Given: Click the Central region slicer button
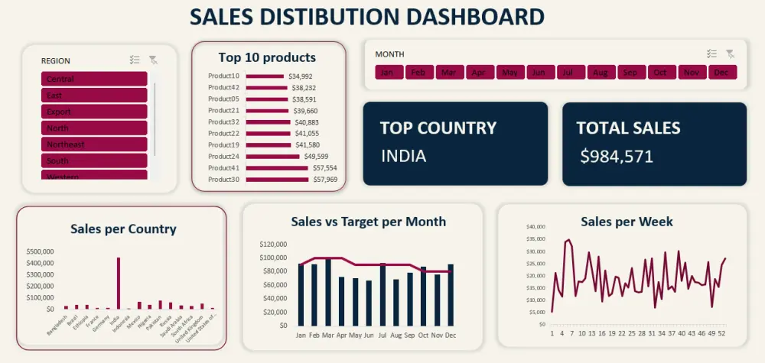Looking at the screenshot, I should pos(93,79).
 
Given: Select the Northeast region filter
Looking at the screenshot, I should pos(93,144).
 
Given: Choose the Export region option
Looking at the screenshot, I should pos(93,112).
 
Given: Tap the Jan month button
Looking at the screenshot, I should pos(388,73).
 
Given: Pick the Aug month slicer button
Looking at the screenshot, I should pos(601,73).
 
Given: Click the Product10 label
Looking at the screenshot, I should pos(223,76).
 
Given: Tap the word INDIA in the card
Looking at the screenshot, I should pos(403,157).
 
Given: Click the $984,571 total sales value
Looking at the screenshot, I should pos(616,157).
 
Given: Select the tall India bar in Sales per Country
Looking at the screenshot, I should pos(118,283).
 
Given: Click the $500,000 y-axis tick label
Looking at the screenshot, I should pos(40,251).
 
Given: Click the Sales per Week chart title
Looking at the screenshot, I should pos(627,222).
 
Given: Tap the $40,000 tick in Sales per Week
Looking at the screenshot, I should pos(535,227).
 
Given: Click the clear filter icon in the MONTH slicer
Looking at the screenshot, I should pos(730,53).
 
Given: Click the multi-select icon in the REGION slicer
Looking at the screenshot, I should pos(135,60).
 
